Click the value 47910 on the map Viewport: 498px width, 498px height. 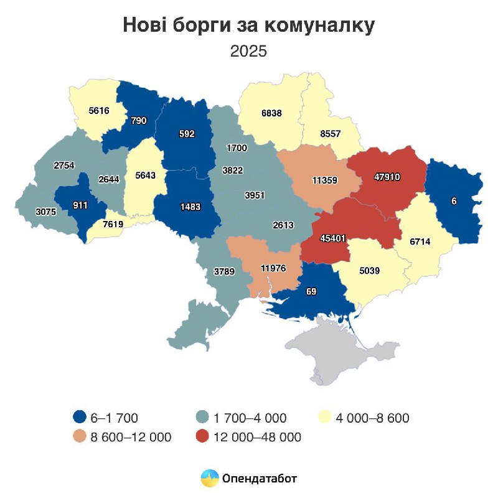coord(387,177)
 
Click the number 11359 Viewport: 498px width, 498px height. coord(324,181)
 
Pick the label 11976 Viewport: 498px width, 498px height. coord(273,268)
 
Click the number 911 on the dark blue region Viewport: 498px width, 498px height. coord(80,204)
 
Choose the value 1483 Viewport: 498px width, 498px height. coord(190,207)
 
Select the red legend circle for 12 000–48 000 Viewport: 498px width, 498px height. coord(202,437)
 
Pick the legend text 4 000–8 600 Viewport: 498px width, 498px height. coord(373,418)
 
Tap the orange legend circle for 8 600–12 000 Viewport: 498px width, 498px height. coord(78,437)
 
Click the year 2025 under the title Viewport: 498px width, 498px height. coord(248,51)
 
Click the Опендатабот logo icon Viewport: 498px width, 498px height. coord(209,478)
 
